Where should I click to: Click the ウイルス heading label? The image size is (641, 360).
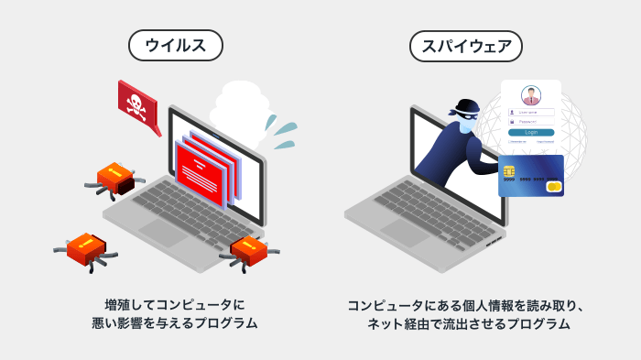(175, 45)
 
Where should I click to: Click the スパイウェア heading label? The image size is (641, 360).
(466, 45)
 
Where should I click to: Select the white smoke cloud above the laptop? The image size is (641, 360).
(241, 108)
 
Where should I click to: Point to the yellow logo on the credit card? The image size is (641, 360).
(552, 187)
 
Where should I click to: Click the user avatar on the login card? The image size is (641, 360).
(531, 96)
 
